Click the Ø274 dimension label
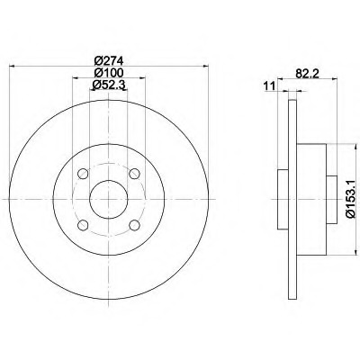(109, 61)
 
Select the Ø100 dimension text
(109, 73)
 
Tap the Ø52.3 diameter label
(108, 85)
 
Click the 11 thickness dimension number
(269, 86)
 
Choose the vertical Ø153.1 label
(351, 198)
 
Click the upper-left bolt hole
(83, 174)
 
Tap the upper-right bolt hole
(134, 174)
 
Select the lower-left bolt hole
(83, 225)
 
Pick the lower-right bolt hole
(134, 225)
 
